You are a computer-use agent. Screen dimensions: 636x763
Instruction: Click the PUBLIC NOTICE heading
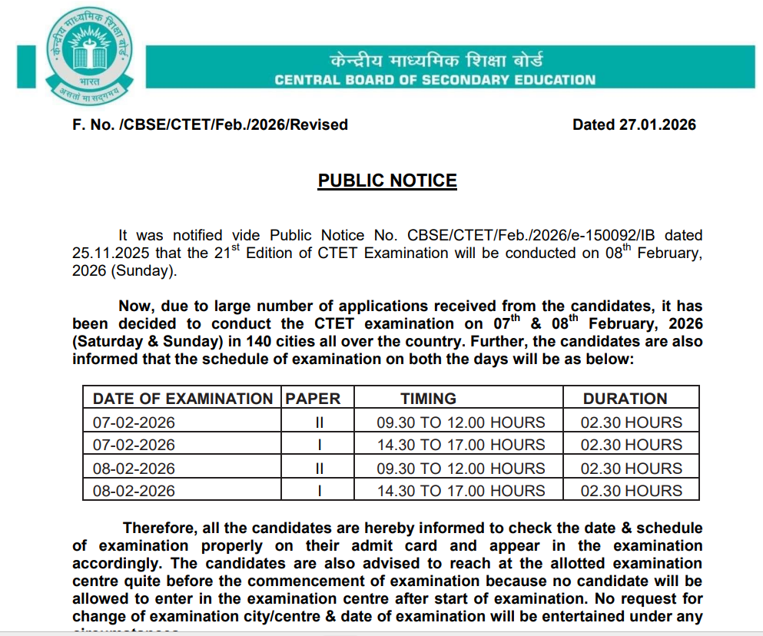[x=387, y=181]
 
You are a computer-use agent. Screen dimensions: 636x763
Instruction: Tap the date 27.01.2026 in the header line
[x=658, y=124]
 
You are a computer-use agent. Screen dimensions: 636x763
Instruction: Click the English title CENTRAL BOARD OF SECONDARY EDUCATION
[x=435, y=80]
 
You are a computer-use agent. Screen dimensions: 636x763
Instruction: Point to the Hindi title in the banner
[x=436, y=59]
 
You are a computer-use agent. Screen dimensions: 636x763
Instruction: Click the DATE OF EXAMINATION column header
[x=182, y=399]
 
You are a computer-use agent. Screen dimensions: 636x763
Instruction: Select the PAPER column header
[x=313, y=399]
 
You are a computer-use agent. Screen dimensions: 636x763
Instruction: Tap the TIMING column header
[x=428, y=399]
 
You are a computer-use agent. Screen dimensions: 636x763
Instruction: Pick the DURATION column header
[x=625, y=399]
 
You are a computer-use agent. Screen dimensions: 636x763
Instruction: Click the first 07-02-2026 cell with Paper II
[x=134, y=422]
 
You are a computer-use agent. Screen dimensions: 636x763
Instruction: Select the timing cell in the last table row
[x=460, y=491]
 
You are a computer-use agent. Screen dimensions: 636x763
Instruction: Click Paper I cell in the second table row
[x=319, y=445]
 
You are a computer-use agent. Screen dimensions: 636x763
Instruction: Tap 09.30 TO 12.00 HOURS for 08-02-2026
[x=460, y=469]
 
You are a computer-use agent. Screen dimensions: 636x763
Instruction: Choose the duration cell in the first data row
[x=631, y=422]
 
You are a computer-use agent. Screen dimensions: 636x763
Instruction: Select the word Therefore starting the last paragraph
[x=160, y=528]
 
